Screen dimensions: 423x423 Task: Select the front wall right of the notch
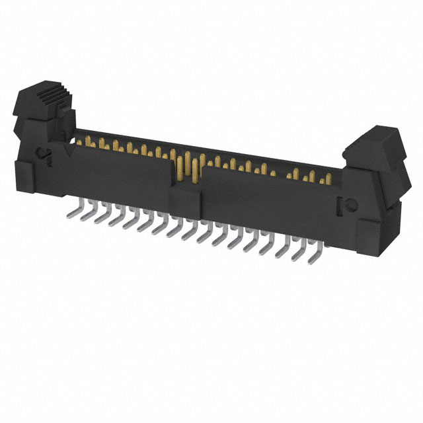[x=264, y=198]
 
